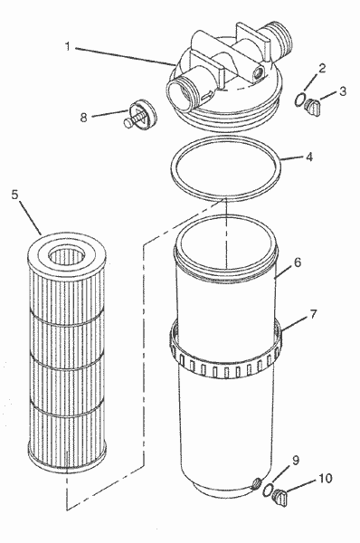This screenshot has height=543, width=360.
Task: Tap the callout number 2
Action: click(x=322, y=69)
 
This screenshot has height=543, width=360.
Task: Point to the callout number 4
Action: click(x=309, y=156)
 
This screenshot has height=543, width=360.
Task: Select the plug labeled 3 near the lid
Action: click(x=315, y=109)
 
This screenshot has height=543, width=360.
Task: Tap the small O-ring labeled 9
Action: click(x=269, y=491)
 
